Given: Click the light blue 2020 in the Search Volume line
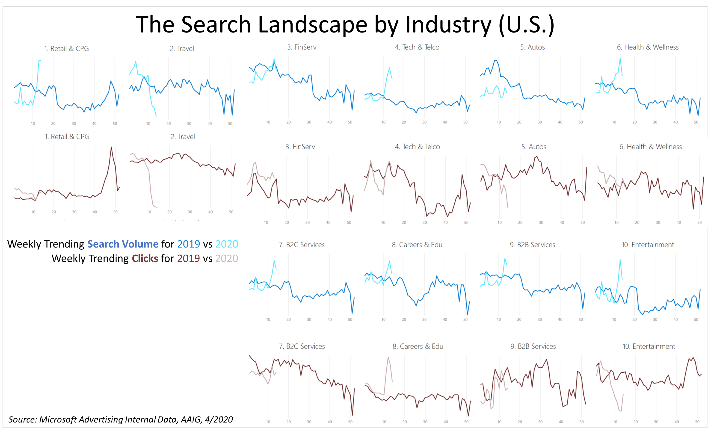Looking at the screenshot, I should tap(226, 244).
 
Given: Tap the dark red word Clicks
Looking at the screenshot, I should tap(145, 258).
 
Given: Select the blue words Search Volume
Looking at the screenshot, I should tap(123, 244).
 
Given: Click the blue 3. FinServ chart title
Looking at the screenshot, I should tap(302, 47).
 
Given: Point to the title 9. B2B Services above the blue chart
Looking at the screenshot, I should tap(532, 245).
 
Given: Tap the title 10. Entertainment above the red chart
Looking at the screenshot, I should tap(649, 346).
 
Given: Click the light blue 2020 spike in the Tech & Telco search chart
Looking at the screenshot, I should tap(389, 68).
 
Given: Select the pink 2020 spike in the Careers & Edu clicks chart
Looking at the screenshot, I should tap(388, 357).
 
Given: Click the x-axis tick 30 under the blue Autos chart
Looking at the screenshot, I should tap(540, 122).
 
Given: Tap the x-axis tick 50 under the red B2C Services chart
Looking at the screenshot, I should tap(350, 422).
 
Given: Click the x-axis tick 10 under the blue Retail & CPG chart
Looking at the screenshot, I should tap(33, 124).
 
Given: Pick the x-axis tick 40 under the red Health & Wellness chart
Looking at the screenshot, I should tap(678, 222).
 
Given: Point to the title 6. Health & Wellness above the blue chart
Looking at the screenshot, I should tap(648, 47).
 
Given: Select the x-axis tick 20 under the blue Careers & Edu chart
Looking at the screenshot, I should tap(404, 319).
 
